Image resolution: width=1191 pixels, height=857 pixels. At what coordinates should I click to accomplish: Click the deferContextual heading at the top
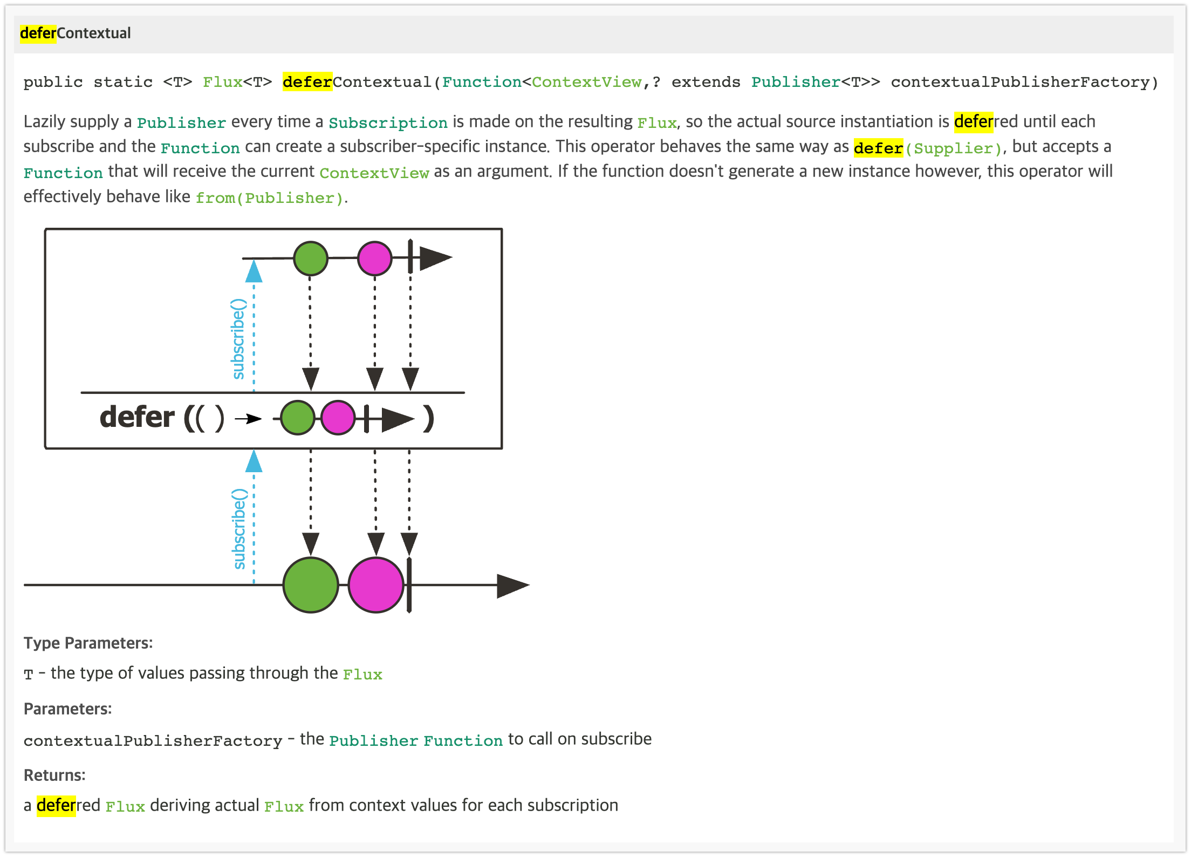[76, 33]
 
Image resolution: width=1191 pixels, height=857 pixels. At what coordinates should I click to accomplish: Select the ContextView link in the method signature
[587, 82]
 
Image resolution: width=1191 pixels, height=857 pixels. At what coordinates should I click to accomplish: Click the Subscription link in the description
[388, 123]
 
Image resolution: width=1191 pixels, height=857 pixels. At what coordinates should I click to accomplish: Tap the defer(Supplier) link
[928, 148]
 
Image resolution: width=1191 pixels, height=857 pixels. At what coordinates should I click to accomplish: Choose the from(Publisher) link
[269, 198]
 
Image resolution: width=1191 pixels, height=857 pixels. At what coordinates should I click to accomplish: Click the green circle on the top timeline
[310, 259]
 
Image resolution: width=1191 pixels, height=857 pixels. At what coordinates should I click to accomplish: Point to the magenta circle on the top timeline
[375, 259]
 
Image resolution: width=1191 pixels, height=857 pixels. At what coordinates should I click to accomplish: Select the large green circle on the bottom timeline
[311, 585]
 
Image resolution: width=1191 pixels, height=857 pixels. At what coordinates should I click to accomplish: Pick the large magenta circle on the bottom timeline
[376, 585]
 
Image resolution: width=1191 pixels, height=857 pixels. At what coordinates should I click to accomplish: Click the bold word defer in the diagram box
[137, 417]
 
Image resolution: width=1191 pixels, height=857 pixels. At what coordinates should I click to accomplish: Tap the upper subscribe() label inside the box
[238, 339]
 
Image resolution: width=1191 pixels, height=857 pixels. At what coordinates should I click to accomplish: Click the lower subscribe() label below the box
[239, 529]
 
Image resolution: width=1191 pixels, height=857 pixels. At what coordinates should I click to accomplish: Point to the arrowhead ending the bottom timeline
[512, 586]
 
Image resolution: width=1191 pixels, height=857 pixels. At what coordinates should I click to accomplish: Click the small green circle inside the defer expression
[298, 418]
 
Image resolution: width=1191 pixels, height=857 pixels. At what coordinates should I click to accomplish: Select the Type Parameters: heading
[88, 643]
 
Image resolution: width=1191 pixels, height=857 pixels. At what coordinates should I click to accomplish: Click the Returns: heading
[54, 775]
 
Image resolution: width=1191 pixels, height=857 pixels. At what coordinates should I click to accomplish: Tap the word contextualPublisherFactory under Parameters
[153, 740]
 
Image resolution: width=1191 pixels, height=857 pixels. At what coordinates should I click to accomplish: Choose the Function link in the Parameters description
[463, 740]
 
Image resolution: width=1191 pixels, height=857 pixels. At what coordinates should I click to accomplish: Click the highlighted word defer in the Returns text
[56, 806]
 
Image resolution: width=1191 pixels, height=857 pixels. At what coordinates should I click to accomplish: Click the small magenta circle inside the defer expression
[338, 418]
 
